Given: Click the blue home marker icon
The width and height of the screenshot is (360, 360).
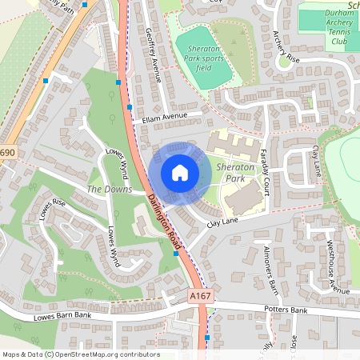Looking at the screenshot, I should point(179,173).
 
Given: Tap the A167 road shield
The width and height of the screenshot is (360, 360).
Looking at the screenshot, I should point(201,296).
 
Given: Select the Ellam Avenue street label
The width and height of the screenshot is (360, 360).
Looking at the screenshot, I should point(165,118).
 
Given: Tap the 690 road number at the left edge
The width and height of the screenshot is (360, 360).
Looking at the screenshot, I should point(8,153).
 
